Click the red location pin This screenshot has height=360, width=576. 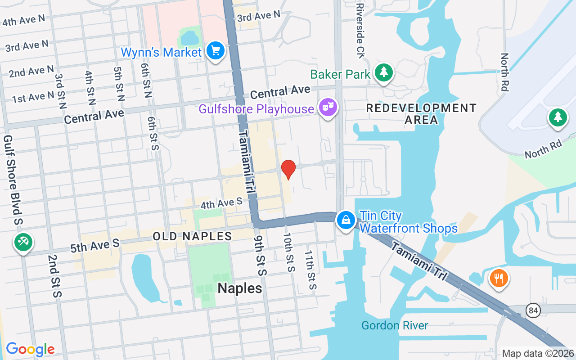click(x=288, y=169)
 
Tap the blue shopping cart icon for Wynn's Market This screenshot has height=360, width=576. click(x=216, y=51)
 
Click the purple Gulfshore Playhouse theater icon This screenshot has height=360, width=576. click(x=328, y=108)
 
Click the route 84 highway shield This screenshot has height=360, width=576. click(x=534, y=310)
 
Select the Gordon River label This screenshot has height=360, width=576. click(x=395, y=325)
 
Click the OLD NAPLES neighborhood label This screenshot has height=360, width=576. click(x=192, y=236)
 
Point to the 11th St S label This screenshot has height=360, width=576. click(x=310, y=270)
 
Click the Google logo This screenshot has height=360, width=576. click(x=30, y=349)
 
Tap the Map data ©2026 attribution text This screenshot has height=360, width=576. click(x=538, y=353)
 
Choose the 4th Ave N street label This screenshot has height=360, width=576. click(x=23, y=20)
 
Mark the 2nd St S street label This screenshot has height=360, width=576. click(x=54, y=276)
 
